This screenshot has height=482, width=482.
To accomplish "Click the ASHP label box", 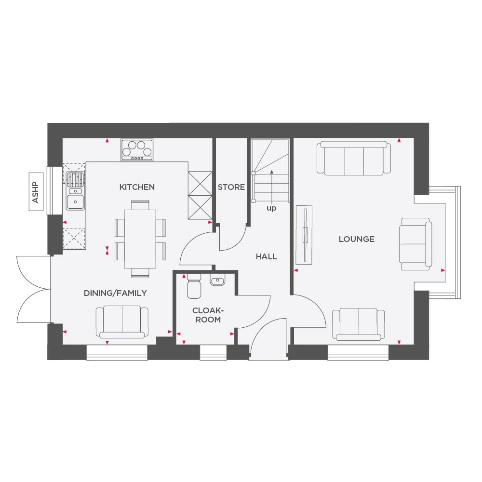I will (35, 191).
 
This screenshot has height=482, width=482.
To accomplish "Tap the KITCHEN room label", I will (137, 187).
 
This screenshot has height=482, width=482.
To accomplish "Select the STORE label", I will (231, 187).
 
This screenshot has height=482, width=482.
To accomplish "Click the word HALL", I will (266, 256).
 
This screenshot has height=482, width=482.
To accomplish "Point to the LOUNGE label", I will (356, 239).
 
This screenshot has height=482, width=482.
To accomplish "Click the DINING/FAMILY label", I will (115, 293).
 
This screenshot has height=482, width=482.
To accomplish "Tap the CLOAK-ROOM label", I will (206, 315).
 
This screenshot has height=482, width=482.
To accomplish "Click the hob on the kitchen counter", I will (137, 149).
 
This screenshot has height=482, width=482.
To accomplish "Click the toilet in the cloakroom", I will (193, 286).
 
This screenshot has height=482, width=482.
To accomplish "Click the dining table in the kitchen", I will (140, 239).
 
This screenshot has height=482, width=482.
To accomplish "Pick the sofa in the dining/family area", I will (122, 322).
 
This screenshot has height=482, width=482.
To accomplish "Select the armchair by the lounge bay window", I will (415, 243).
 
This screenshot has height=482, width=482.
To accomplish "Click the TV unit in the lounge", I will (304, 234).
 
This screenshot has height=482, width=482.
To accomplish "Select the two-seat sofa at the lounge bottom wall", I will (358, 324).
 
